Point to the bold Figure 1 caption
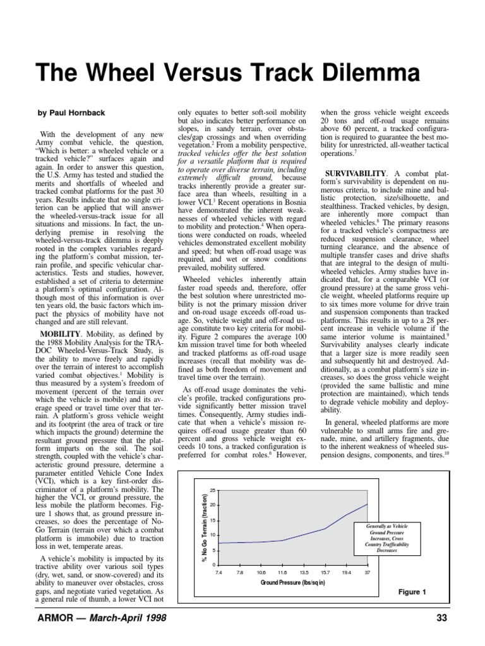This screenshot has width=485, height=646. [412, 592]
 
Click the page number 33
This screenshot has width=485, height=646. [441, 618]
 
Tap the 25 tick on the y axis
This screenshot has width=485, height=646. [213, 490]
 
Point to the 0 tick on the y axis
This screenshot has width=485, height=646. [214, 565]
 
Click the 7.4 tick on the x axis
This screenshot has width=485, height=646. [219, 573]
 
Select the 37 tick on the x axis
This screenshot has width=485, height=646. [368, 573]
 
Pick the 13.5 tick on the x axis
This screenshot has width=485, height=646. [304, 573]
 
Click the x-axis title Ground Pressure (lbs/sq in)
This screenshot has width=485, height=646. [293, 583]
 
